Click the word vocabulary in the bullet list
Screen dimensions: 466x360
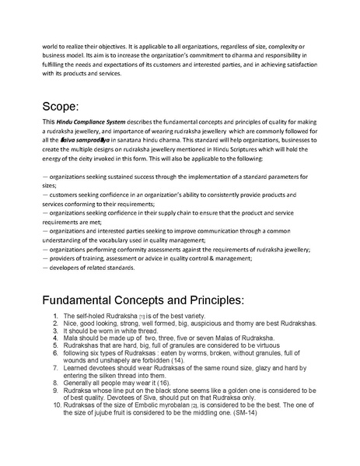coord(123,240)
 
